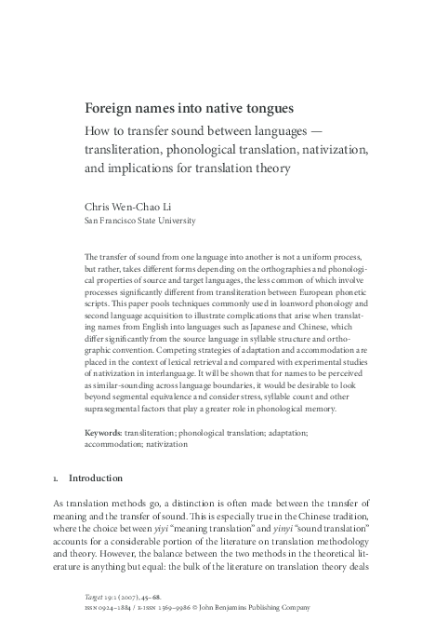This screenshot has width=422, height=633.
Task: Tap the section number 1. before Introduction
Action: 58,479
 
